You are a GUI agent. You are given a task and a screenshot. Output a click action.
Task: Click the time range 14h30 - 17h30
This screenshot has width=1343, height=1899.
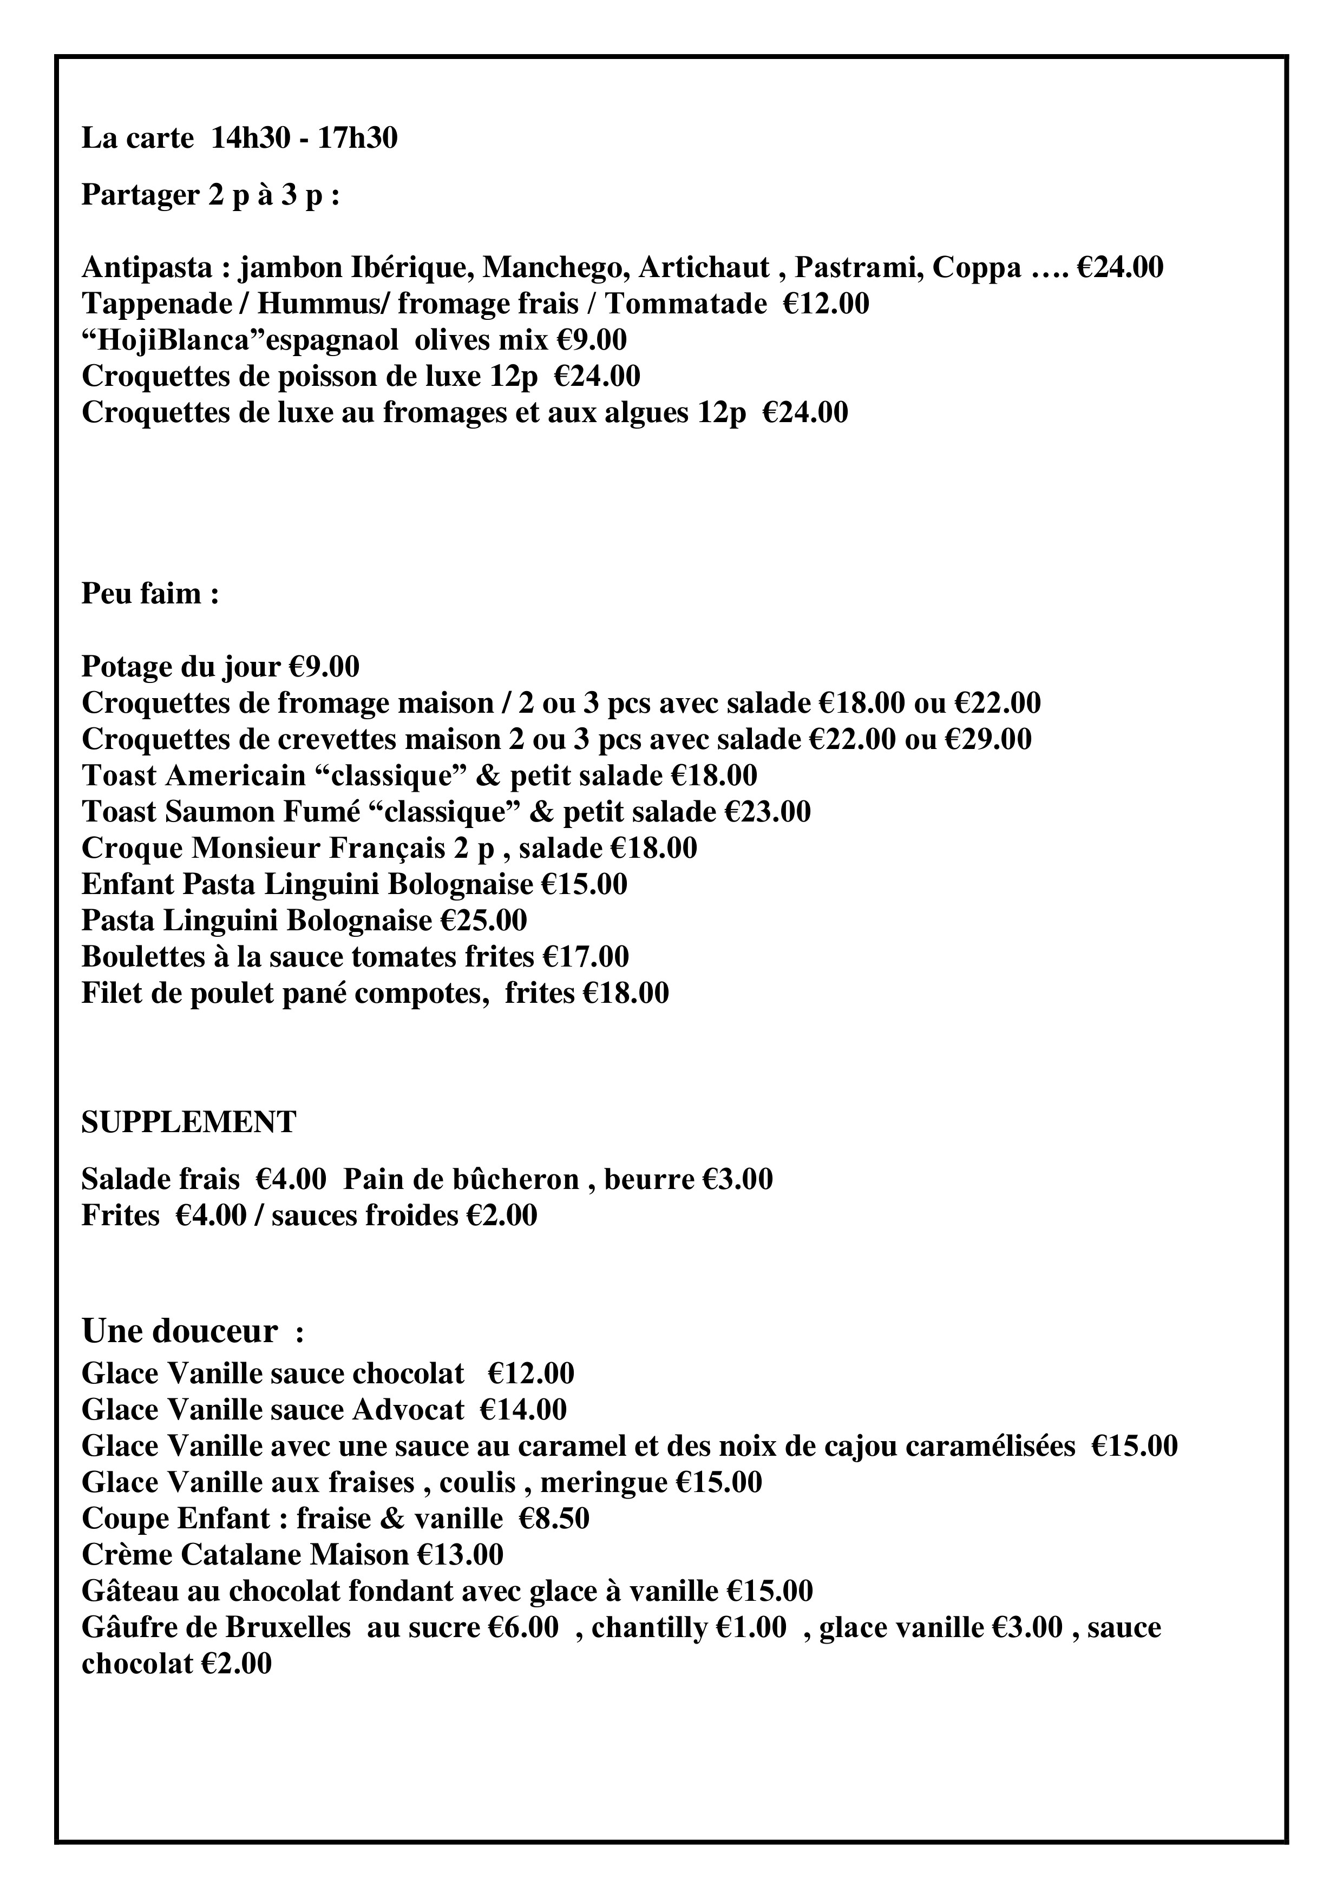tap(304, 138)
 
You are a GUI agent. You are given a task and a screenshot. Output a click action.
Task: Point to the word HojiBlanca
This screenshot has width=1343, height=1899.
tap(154, 340)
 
